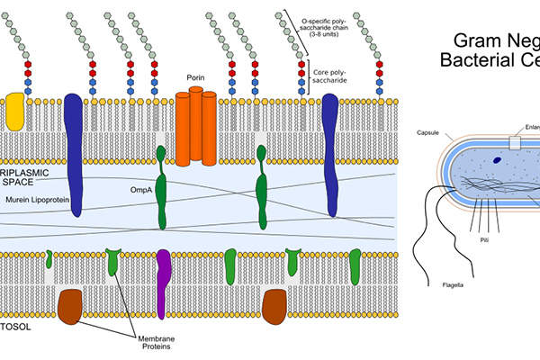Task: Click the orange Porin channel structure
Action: coord(195,127)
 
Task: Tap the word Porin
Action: coord(196,78)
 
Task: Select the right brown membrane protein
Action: coord(274,307)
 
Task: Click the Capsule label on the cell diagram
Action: coord(427,132)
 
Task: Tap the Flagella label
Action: coord(453,286)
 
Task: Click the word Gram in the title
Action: coord(472,40)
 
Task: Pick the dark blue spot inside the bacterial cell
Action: coord(497,161)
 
